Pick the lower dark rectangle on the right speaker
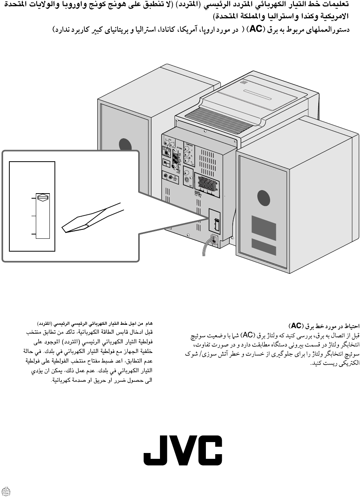point(263,247)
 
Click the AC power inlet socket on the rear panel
point(214,239)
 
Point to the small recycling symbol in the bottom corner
point(5,491)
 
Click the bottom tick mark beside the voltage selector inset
point(33,234)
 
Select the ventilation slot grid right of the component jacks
point(208,160)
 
